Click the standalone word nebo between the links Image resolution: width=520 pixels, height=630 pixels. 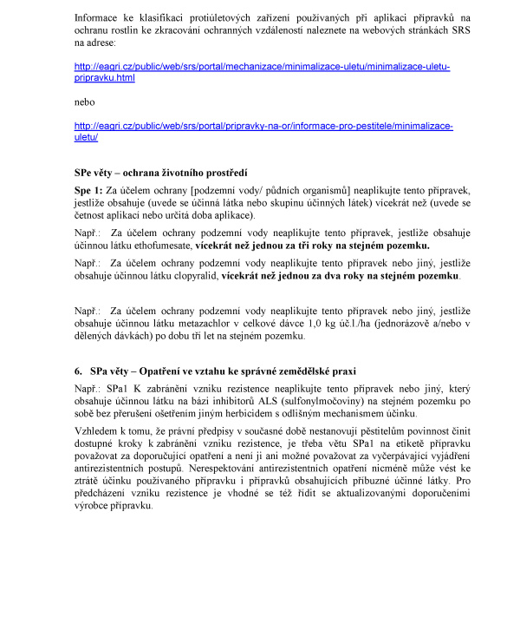click(x=86, y=101)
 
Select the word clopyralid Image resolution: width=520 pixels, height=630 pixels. click(x=193, y=276)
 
